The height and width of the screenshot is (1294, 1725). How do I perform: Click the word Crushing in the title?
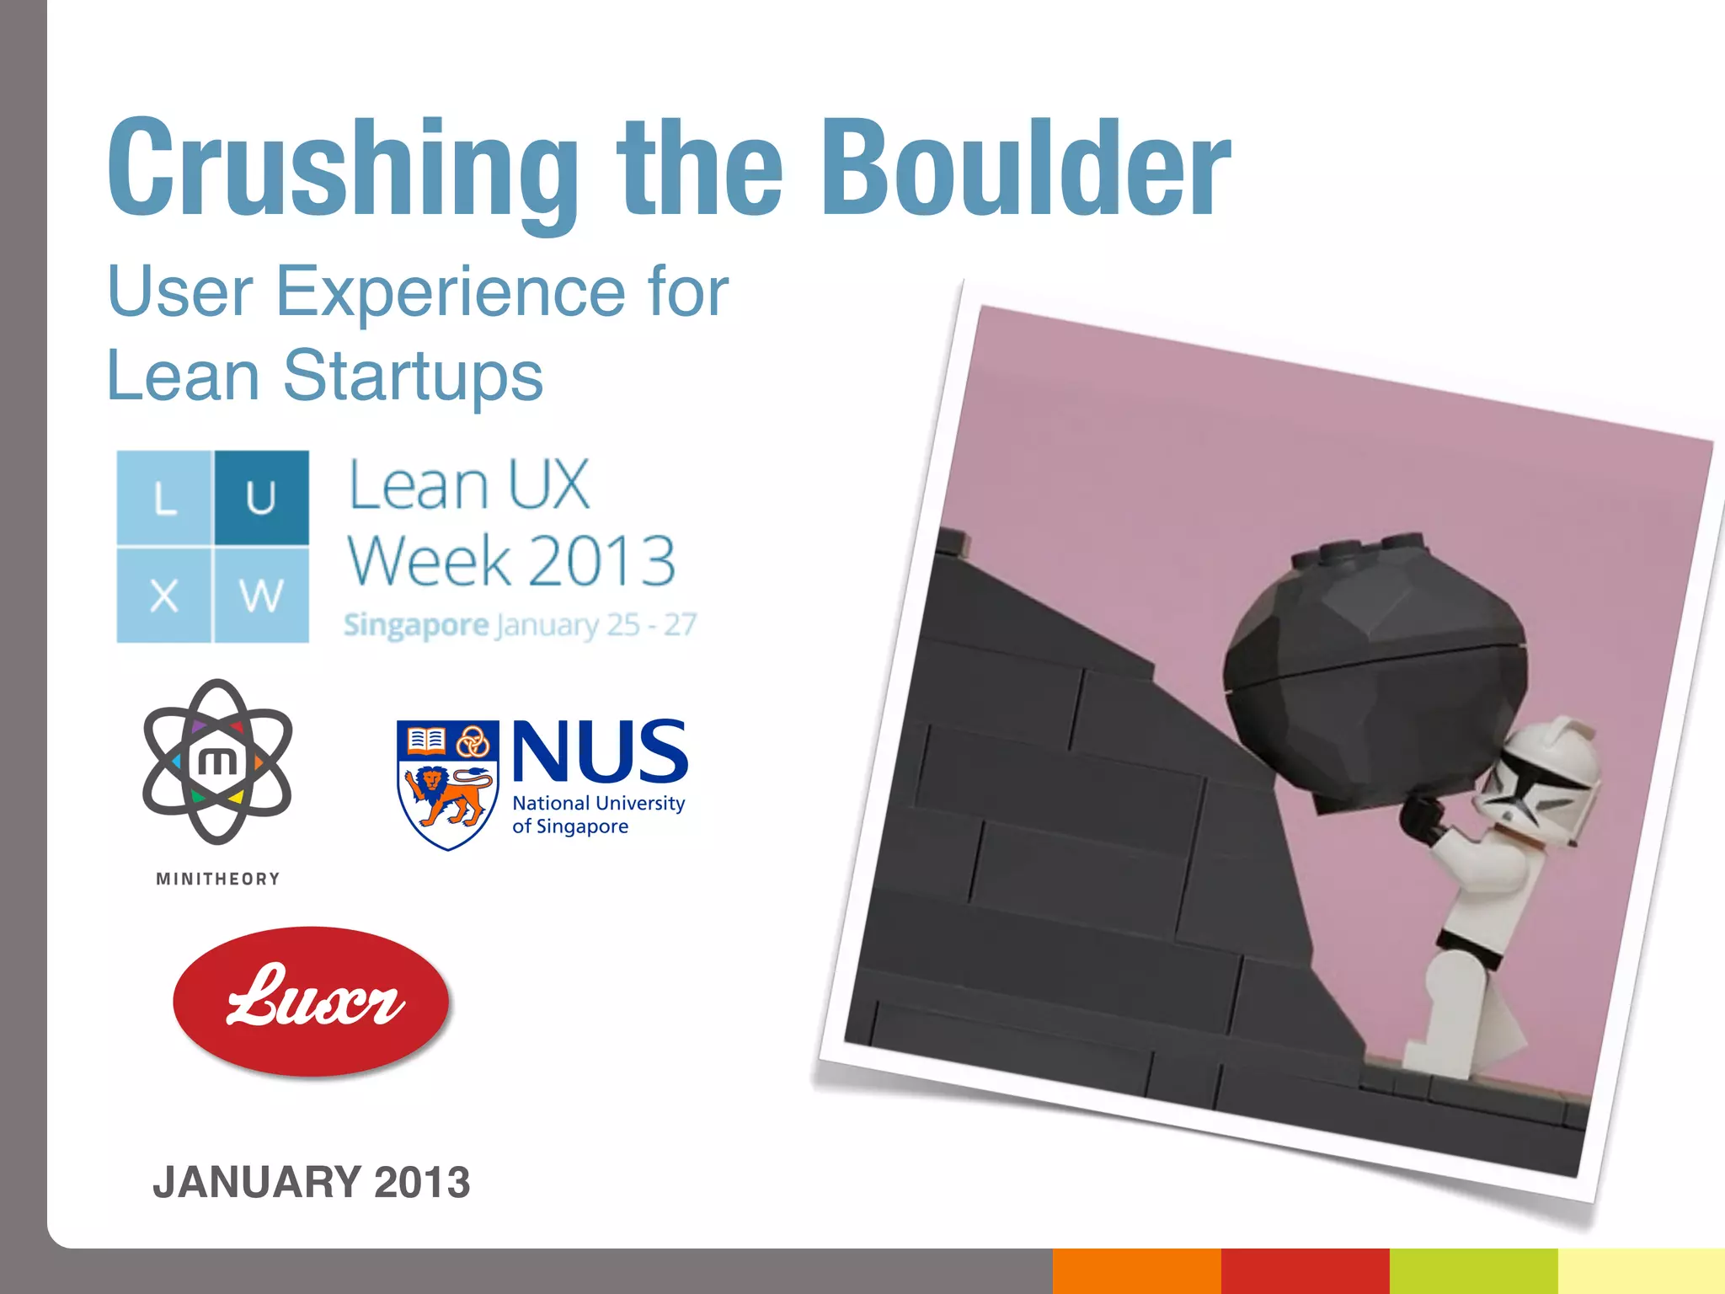point(341,168)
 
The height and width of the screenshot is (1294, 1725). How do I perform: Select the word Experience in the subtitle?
point(450,291)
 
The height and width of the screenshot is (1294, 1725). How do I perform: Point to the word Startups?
point(413,376)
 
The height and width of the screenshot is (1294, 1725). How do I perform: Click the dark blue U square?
point(261,497)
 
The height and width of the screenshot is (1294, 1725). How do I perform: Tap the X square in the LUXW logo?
point(164,595)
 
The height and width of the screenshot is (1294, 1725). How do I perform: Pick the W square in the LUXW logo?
point(261,595)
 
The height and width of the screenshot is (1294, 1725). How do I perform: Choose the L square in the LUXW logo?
point(164,497)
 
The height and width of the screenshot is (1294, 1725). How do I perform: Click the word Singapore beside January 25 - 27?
point(416,625)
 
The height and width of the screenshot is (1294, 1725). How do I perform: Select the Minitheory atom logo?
point(217,762)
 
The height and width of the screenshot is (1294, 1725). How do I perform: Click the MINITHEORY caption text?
point(217,879)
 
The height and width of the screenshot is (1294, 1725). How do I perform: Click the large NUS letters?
point(599,751)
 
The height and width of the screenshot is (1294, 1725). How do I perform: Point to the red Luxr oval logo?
point(311,1002)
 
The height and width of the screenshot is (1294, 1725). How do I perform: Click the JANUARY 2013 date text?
point(311,1181)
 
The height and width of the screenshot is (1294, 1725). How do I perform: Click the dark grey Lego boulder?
point(1373,674)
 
